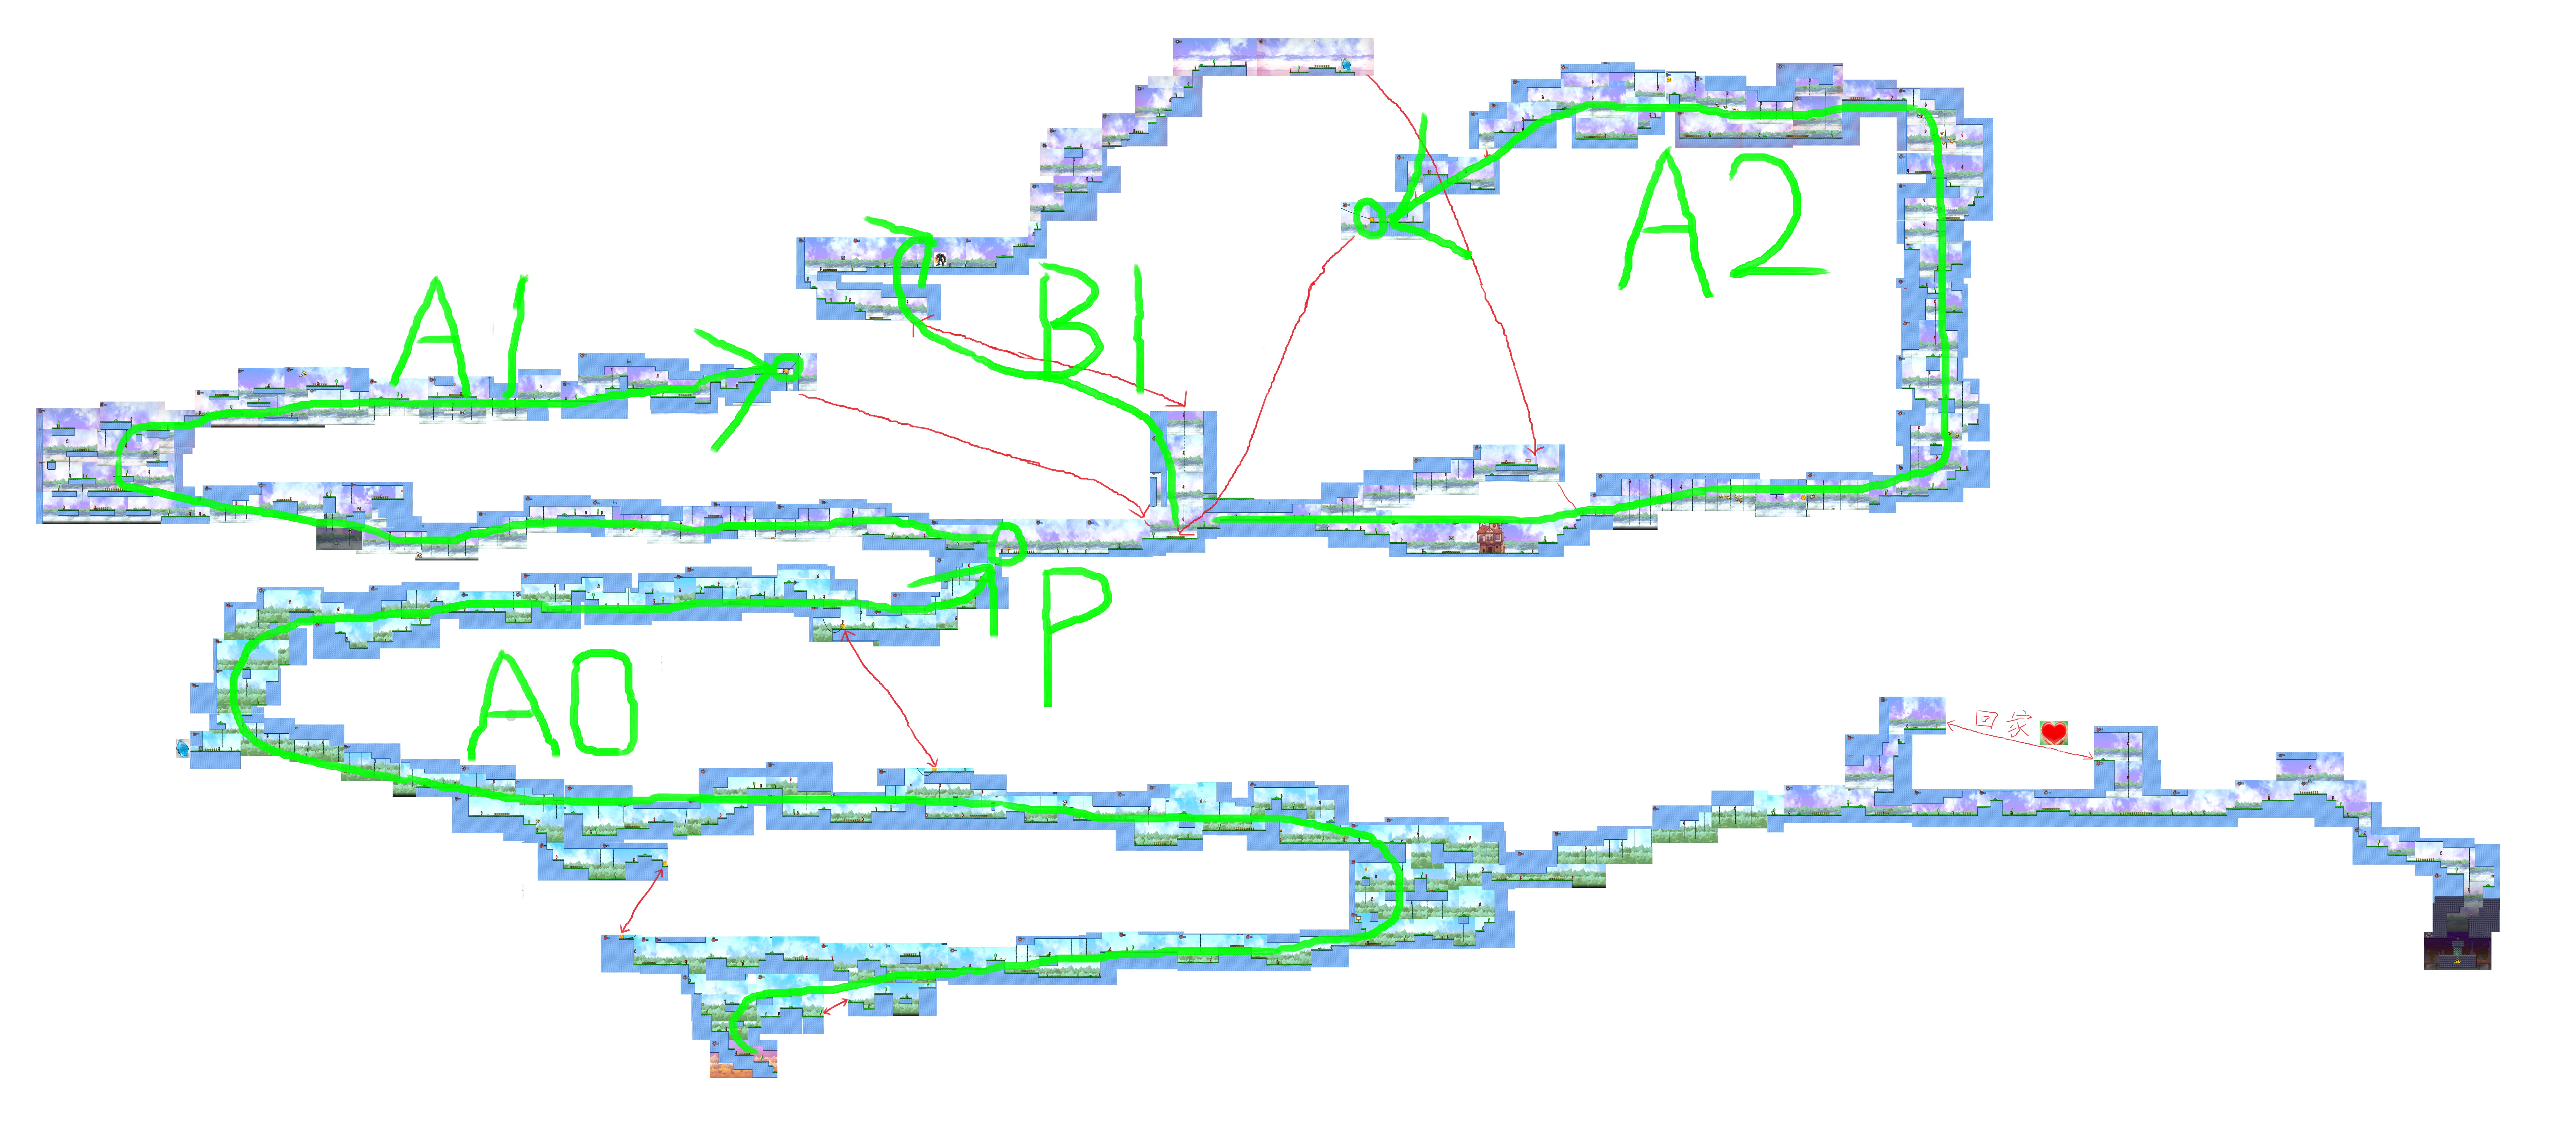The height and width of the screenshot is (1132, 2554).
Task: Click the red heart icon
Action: [x=2053, y=733]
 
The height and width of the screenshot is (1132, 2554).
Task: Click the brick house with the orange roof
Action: [x=1489, y=538]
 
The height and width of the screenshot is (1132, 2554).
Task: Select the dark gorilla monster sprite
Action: [x=940, y=260]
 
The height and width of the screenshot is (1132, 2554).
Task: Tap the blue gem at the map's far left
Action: [x=182, y=747]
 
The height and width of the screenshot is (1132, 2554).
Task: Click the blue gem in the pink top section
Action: [x=1345, y=64]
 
